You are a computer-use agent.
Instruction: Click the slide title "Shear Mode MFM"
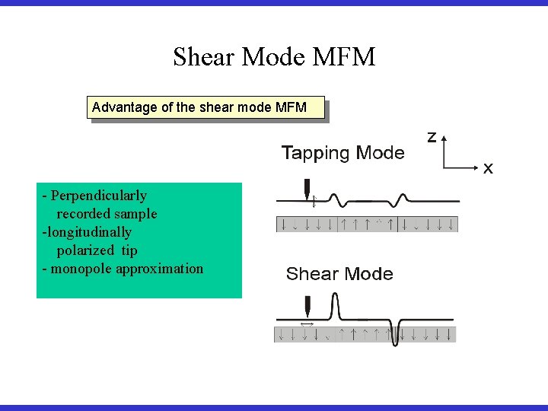274,57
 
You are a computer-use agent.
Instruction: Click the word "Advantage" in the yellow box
125,107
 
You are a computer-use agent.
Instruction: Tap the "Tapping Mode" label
342,153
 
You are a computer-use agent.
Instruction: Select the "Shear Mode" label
339,274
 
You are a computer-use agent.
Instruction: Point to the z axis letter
432,137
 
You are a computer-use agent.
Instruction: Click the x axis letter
488,168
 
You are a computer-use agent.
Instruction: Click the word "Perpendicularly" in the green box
99,196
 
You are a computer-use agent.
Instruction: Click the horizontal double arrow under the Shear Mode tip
307,324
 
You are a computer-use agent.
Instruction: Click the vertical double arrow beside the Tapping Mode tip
314,201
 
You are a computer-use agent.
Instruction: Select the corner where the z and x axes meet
444,165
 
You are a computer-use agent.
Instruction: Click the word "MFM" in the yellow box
292,107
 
